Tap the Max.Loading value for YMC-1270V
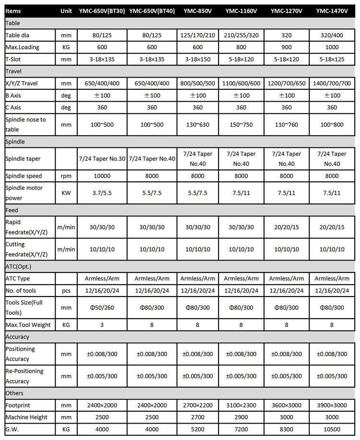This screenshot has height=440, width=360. tap(287, 47)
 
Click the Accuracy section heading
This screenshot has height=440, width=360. tap(19, 337)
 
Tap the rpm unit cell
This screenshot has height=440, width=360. tap(66, 176)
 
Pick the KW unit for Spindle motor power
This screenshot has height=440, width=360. tap(66, 192)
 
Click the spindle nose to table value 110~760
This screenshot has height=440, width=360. tap(287, 124)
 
